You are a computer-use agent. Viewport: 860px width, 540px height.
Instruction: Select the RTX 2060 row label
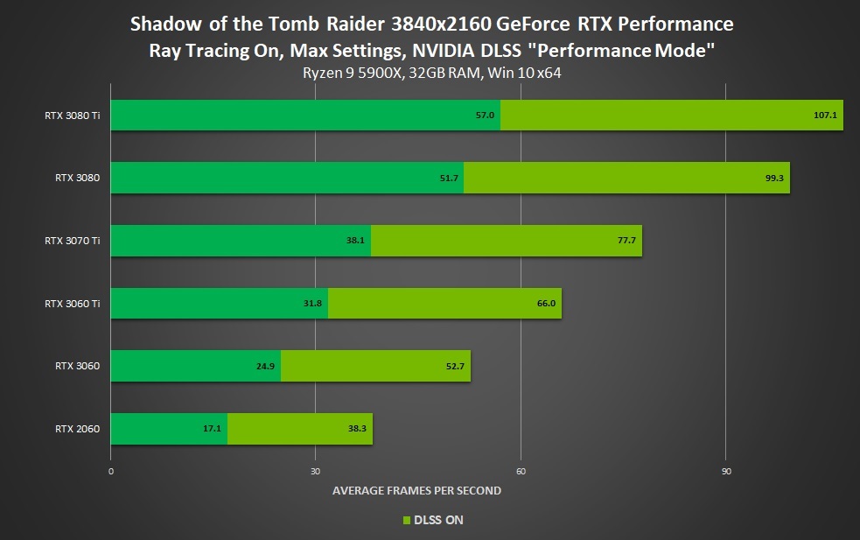tap(76, 429)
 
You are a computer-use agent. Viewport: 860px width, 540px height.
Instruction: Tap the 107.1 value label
tap(825, 115)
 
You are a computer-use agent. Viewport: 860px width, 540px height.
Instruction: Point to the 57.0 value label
tap(486, 115)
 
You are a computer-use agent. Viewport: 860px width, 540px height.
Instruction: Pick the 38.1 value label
tap(357, 241)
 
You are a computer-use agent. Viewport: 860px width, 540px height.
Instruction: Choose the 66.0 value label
tap(546, 304)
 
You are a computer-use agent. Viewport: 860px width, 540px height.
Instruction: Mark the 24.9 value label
tap(266, 366)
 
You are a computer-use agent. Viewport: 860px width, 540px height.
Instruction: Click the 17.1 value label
tap(213, 429)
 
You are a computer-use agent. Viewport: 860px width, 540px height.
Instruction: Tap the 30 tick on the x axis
tap(315, 471)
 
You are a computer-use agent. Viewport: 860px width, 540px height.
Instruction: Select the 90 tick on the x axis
tap(725, 471)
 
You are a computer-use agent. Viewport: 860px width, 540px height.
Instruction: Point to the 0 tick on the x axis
tap(111, 471)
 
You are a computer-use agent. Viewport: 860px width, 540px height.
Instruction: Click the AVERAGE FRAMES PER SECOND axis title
tap(416, 491)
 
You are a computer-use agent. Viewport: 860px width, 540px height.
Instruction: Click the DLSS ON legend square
tap(405, 521)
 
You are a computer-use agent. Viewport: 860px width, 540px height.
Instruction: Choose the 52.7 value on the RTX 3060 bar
tap(455, 366)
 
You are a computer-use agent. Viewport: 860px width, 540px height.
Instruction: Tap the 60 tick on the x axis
tap(521, 471)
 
